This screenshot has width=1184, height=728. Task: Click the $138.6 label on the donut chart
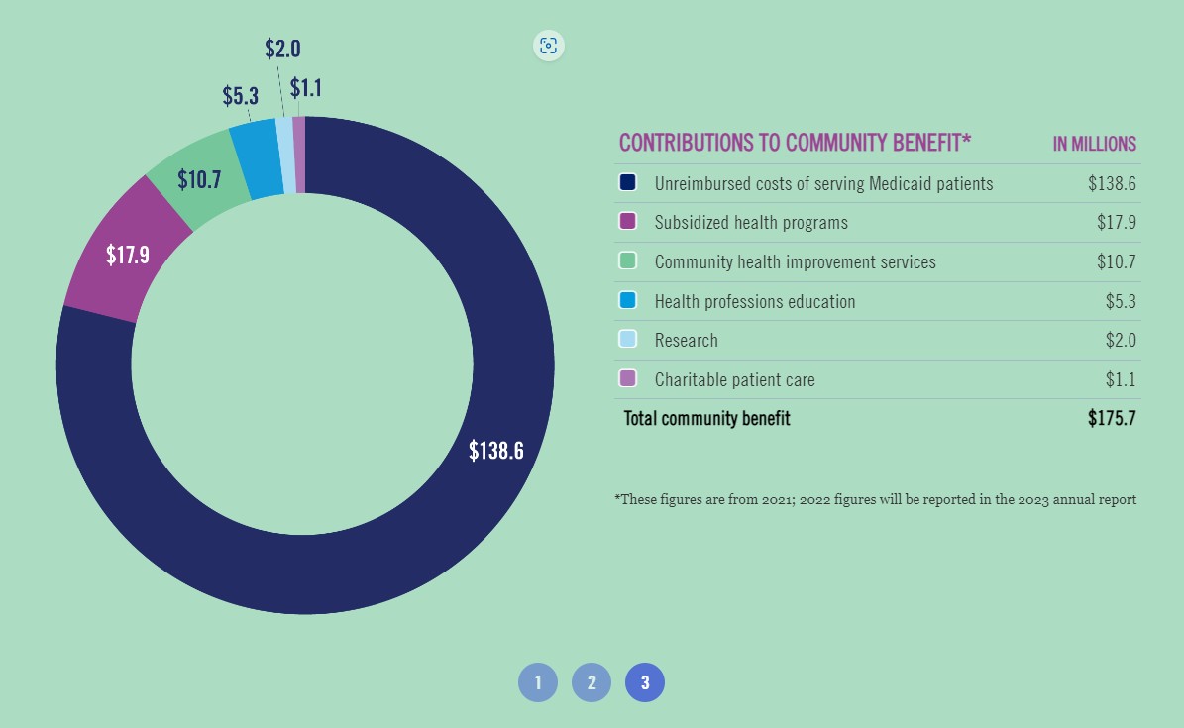[495, 451]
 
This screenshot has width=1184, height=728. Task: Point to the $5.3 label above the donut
[240, 96]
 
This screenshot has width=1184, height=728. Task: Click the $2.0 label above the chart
[282, 49]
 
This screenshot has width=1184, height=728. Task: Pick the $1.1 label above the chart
[306, 88]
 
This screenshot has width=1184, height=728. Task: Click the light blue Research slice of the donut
[285, 155]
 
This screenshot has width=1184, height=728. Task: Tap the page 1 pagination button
[538, 682]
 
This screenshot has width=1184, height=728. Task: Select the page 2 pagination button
[592, 682]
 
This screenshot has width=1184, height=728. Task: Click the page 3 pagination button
[645, 682]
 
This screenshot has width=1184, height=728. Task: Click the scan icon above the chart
[548, 46]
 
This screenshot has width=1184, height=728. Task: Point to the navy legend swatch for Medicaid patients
[627, 183]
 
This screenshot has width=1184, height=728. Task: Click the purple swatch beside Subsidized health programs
[627, 222]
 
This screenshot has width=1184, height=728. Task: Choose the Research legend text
[686, 340]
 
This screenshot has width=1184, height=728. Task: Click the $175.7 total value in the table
[1111, 418]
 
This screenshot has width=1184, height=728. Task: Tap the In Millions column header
[1094, 144]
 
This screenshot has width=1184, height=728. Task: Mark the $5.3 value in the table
[1120, 301]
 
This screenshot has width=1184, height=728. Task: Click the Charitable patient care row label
[734, 379]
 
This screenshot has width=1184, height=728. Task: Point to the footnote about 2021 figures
[875, 499]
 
